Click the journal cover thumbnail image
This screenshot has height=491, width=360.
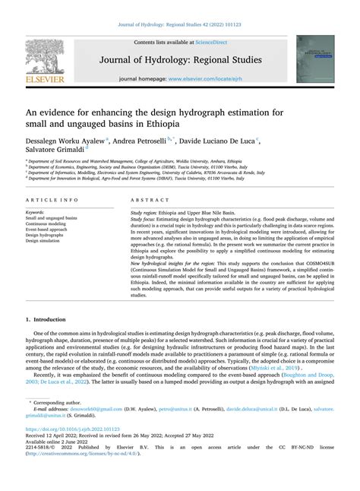[315, 59]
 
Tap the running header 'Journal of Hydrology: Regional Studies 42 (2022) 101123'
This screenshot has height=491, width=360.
[180, 25]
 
